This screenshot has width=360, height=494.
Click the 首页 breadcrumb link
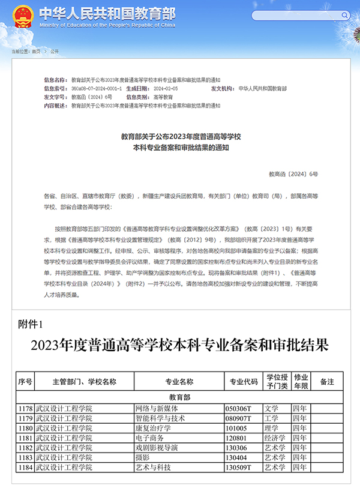coord(36,52)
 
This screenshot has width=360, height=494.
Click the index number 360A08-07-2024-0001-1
coord(97,88)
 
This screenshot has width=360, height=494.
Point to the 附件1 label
coord(31,325)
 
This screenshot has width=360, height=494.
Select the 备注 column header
coord(327,381)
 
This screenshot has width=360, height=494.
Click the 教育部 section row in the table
coord(179,397)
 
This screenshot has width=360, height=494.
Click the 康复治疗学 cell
coord(153,428)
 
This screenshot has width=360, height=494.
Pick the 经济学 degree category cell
coord(275,438)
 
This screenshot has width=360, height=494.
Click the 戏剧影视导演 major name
coord(157,448)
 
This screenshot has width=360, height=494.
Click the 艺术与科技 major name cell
coord(153,467)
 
